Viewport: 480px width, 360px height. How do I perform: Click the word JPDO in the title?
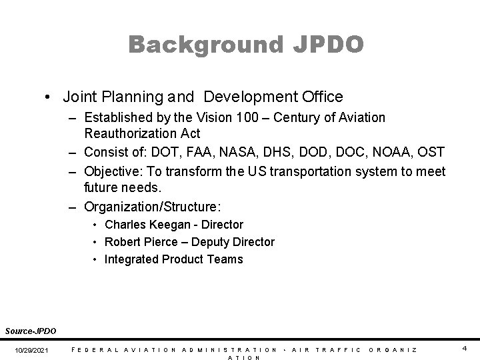point(327,45)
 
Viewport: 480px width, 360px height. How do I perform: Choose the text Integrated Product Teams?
point(174,259)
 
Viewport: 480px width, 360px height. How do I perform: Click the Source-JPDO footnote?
point(31,330)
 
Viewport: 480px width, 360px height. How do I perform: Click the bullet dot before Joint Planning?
point(49,97)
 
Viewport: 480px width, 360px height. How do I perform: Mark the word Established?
point(119,118)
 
